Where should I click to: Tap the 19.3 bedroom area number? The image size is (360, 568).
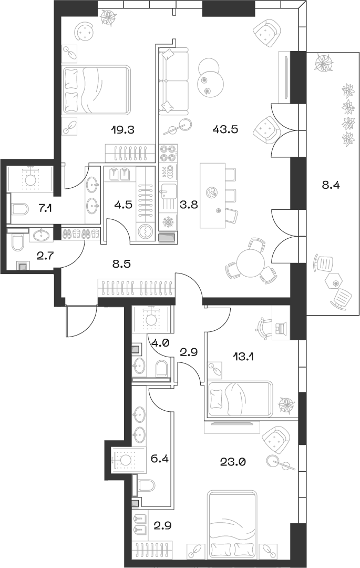point(124,129)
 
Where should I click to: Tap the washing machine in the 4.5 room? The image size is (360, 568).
point(143,231)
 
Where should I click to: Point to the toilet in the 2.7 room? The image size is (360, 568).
point(17,243)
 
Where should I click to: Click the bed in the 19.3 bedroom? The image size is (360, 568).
point(96,90)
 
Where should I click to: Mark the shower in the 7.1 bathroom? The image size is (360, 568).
point(30,179)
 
